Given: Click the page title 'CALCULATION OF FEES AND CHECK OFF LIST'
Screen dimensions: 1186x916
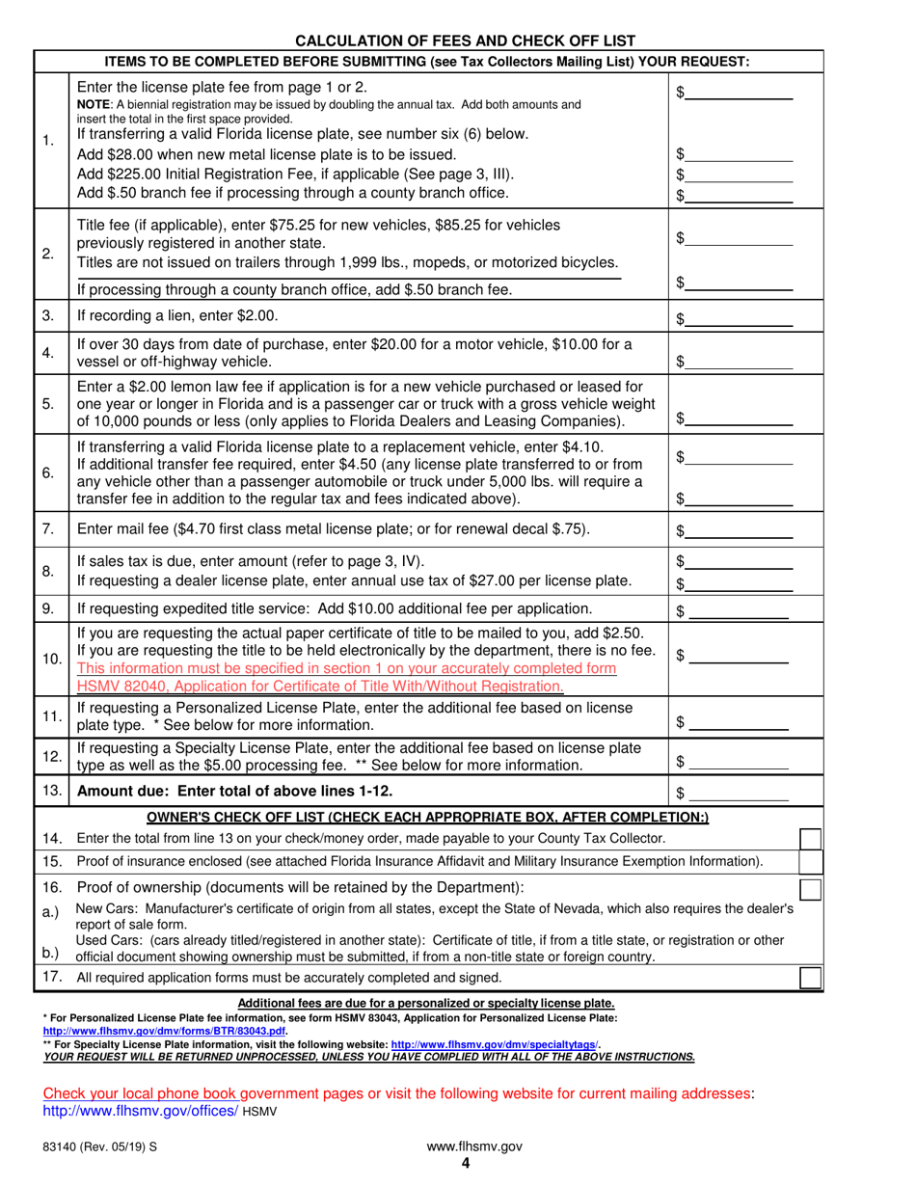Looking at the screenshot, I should point(465,40).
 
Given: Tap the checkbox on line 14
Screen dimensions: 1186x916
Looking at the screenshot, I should point(812,837).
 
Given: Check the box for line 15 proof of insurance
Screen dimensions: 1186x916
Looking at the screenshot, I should point(812,861).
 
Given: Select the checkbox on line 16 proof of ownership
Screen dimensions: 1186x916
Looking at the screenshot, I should point(812,887).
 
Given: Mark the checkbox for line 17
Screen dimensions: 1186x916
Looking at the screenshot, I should point(812,979).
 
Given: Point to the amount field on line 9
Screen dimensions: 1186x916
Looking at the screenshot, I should point(740,611).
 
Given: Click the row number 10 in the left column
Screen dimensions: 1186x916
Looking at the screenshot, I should point(51,660).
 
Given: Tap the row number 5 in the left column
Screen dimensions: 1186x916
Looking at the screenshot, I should point(48,404).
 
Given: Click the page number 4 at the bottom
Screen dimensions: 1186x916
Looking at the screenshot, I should point(465,1163).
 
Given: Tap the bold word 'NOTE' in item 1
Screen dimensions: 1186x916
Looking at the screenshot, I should point(94,104).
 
